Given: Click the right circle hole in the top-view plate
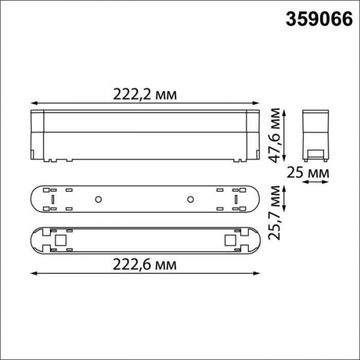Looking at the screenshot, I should [x=190, y=199].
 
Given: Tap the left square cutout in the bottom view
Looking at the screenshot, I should [x=59, y=240].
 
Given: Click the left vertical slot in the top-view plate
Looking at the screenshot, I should [x=52, y=199].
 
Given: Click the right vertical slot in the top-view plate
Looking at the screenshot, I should [x=236, y=199].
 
